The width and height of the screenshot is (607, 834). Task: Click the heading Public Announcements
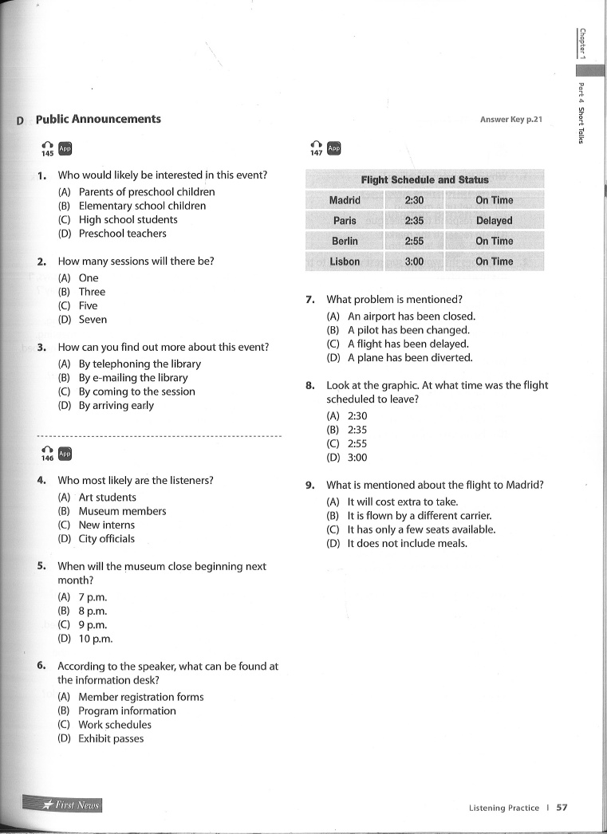tap(98, 120)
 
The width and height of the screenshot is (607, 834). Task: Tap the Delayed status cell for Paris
tap(494, 221)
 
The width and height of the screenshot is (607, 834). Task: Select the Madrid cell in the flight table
tap(345, 200)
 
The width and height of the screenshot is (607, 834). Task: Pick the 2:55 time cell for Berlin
tap(414, 241)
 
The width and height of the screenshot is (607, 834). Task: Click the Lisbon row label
tap(345, 262)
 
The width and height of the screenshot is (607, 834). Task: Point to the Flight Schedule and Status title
tap(424, 179)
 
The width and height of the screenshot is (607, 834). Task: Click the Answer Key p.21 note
tap(510, 120)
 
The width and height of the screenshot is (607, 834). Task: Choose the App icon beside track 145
tap(65, 148)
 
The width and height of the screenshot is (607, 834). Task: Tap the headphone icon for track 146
tap(47, 452)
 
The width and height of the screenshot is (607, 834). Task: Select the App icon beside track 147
tap(333, 148)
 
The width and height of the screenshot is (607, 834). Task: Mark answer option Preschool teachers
tap(122, 234)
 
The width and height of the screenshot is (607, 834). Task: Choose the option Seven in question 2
tap(93, 320)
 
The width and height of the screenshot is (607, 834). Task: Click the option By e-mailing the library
tap(132, 378)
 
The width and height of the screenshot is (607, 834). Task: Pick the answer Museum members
tap(122, 511)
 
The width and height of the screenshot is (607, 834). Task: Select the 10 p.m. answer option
tap(95, 639)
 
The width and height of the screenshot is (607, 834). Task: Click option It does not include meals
tap(407, 543)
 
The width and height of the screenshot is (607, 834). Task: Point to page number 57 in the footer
tap(562, 807)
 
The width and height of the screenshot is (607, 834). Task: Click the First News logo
tap(71, 804)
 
